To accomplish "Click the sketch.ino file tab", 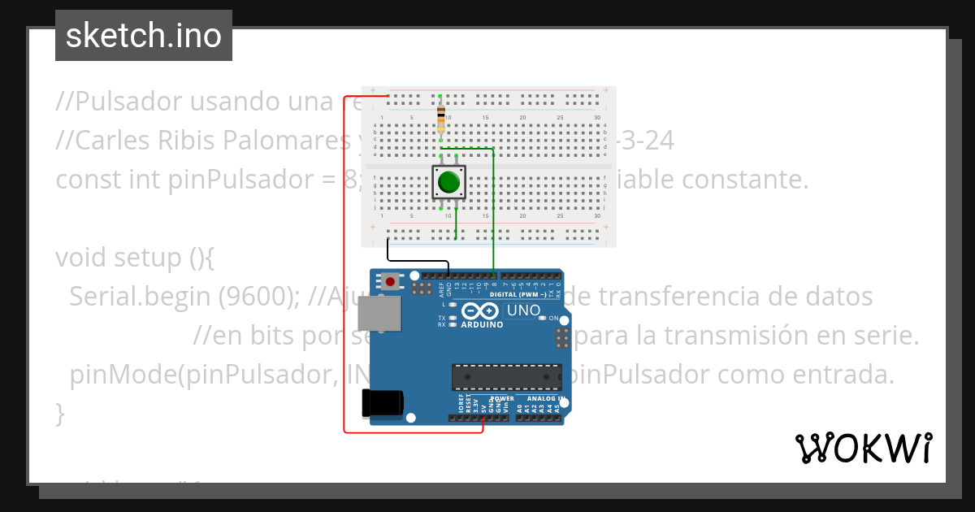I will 143,36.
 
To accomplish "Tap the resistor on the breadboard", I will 440,118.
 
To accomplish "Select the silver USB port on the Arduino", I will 380,314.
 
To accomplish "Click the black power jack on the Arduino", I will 383,402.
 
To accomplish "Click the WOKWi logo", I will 863,448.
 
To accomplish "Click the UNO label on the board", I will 523,310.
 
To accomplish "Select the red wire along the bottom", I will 414,432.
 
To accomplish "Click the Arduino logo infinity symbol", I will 480,310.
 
